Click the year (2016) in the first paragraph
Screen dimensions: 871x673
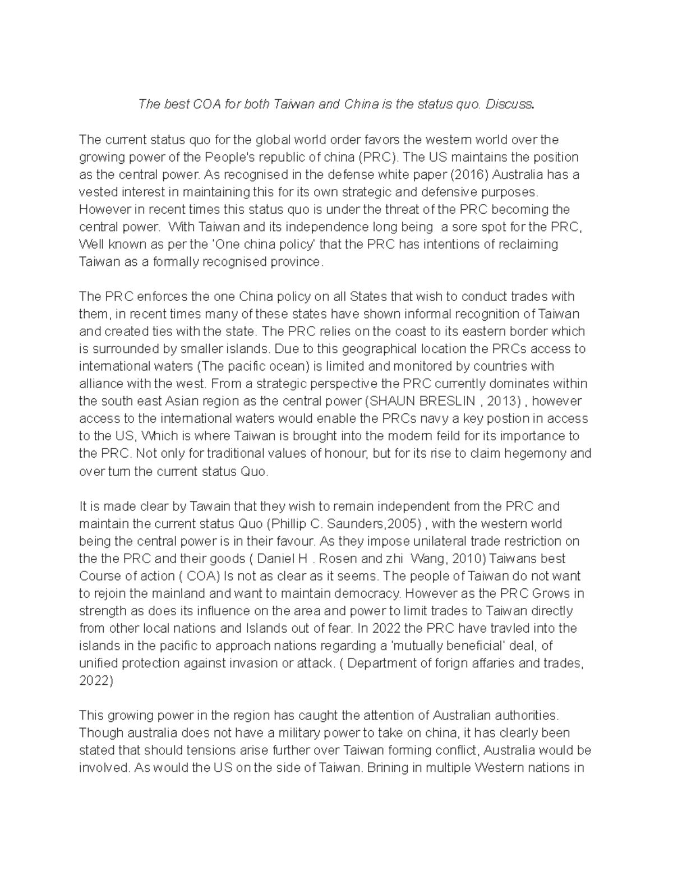pyautogui.click(x=470, y=174)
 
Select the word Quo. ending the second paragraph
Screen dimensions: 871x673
pyautogui.click(x=255, y=471)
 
